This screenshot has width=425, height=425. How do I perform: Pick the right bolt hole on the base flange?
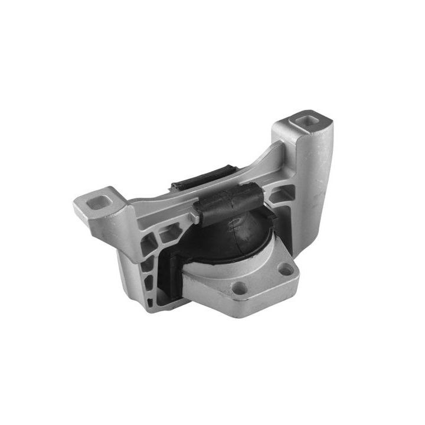286,271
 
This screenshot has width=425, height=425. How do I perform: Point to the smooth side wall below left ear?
127,266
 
